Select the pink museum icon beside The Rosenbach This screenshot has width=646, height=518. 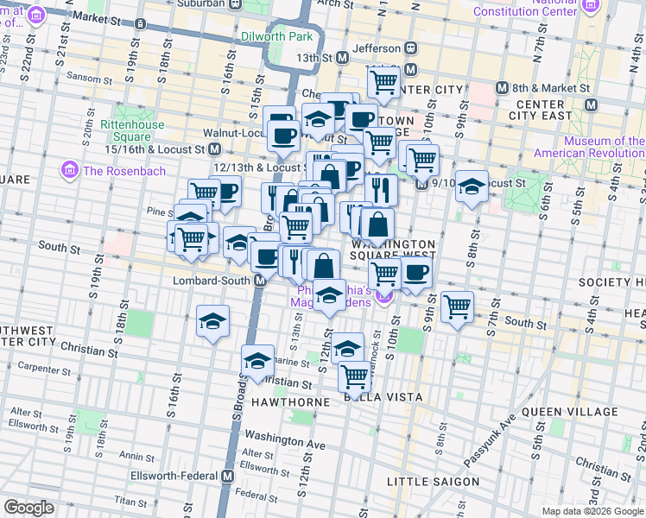tap(70, 170)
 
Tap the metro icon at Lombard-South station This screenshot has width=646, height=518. tap(259, 281)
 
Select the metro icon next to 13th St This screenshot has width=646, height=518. tap(342, 57)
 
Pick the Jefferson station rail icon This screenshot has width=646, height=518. tap(411, 48)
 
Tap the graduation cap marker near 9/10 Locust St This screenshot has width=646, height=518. tap(472, 187)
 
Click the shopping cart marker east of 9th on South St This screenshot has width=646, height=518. tap(457, 306)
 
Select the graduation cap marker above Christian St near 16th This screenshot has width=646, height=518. tap(212, 321)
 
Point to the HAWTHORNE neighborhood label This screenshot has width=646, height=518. tap(289, 402)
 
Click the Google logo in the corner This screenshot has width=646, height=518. tap(28, 508)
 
